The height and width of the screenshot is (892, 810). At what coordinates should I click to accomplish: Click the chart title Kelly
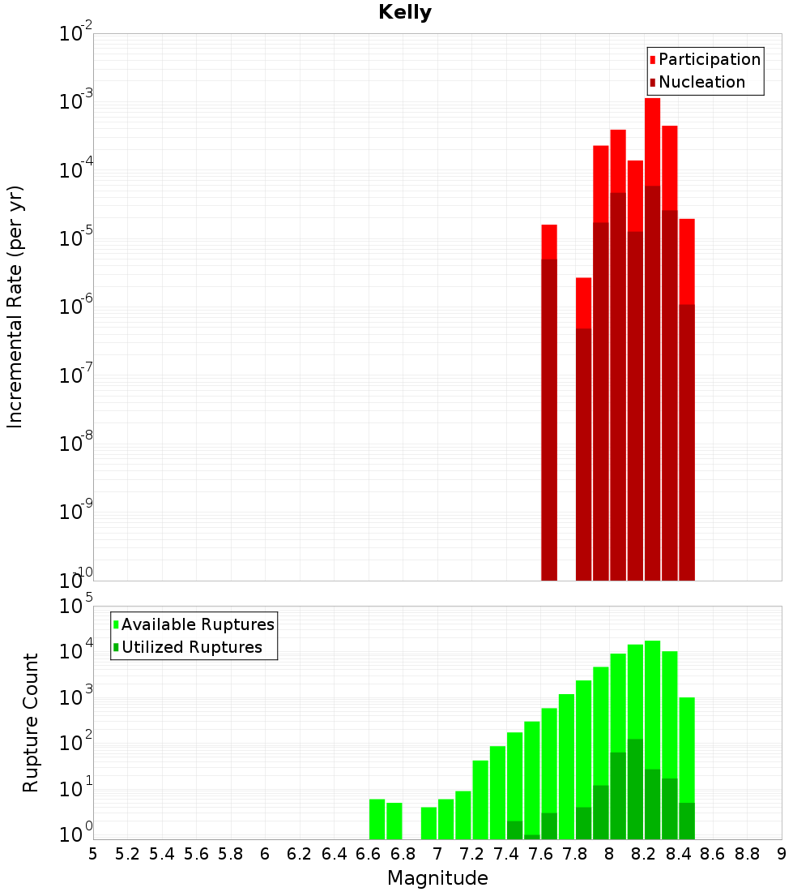pos(405,13)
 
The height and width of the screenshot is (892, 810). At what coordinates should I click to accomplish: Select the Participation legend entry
pos(709,59)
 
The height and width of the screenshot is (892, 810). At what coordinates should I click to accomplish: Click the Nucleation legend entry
pos(701,82)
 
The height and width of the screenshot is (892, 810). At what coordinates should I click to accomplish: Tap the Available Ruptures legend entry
pos(198,624)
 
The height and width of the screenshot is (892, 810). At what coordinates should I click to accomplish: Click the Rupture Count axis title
pos(31,723)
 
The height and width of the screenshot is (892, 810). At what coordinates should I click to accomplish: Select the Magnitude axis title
pos(437,878)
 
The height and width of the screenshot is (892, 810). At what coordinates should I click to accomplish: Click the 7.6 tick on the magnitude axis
pos(541,854)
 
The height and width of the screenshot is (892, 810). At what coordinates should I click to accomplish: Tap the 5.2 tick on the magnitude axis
pos(128,854)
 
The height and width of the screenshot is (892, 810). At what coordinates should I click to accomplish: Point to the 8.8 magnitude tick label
pos(748,854)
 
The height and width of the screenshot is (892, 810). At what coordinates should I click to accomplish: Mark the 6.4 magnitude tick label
pos(335,854)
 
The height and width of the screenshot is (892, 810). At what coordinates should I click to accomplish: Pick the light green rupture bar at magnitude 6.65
pos(377,819)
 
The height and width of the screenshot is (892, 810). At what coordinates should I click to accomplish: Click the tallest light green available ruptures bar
pos(652,689)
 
